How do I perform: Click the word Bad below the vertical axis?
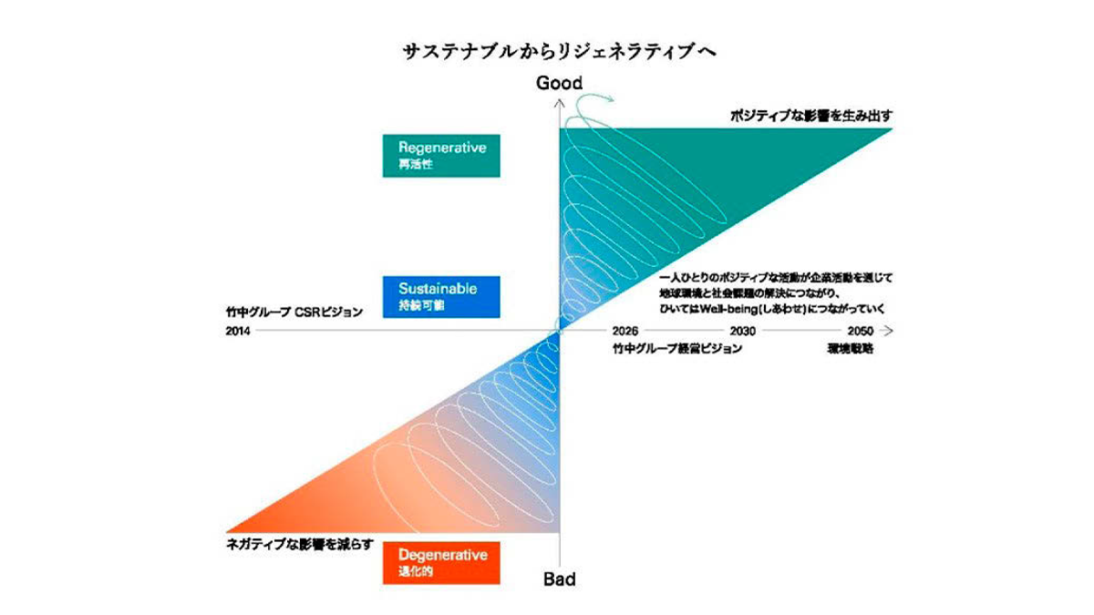(x=560, y=579)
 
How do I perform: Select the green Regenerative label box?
(x=442, y=155)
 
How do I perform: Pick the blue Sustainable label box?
(x=442, y=296)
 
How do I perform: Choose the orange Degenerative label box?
(x=442, y=562)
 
